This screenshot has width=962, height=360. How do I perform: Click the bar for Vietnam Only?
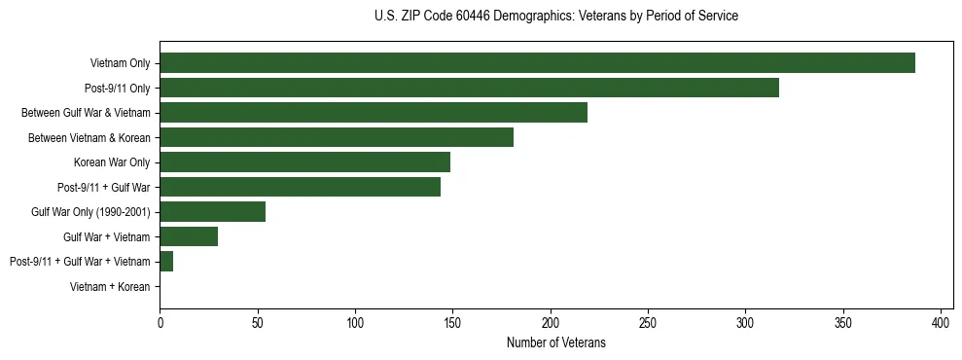pyautogui.click(x=537, y=63)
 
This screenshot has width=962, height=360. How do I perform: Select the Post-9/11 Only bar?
pyautogui.click(x=469, y=88)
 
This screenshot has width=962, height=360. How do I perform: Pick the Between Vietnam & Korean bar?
pyautogui.click(x=337, y=137)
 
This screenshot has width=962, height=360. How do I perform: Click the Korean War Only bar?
pyautogui.click(x=304, y=162)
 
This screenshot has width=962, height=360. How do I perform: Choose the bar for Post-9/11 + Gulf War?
pyautogui.click(x=300, y=187)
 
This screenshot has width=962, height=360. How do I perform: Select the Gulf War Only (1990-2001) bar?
pyautogui.click(x=212, y=211)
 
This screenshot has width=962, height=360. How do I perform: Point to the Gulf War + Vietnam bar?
pyautogui.click(x=189, y=236)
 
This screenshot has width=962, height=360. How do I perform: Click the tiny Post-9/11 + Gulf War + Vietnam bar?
pyautogui.click(x=166, y=261)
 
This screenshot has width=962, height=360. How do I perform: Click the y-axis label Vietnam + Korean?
pyautogui.click(x=110, y=287)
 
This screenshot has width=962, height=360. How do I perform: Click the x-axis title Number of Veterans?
pyautogui.click(x=555, y=342)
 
